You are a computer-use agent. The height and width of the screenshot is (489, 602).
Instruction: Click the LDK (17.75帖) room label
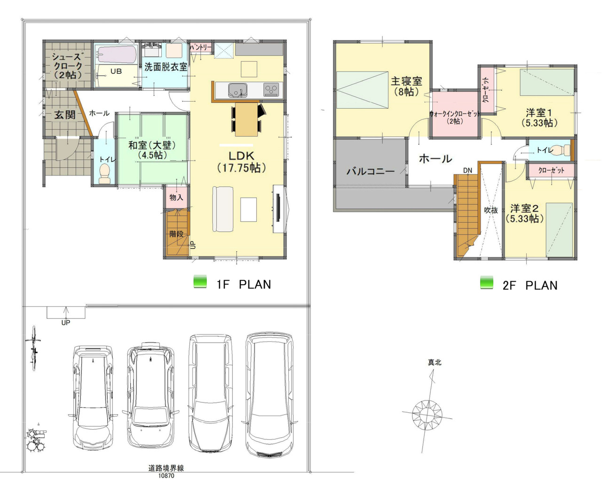point(242,162)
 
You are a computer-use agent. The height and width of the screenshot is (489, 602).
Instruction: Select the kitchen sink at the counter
point(238,89)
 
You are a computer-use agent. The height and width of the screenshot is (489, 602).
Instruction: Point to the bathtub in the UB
point(117,55)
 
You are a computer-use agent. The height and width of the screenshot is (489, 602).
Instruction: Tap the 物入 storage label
point(176,197)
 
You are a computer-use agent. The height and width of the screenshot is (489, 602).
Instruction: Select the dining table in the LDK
point(246,119)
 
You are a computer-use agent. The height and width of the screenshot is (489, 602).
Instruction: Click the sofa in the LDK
point(223,209)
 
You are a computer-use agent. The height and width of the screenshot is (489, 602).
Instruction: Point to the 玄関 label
point(65,114)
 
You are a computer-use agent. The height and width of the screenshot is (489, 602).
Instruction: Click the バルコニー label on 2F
point(371,171)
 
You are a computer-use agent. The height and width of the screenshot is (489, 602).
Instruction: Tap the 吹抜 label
point(491,210)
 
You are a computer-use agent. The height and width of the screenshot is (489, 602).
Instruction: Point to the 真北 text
point(435,362)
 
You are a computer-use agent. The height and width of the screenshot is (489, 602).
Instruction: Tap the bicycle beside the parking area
point(34,348)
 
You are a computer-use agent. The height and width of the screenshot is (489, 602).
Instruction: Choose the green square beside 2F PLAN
point(487,282)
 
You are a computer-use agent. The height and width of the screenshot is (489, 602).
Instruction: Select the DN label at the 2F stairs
point(467,170)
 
